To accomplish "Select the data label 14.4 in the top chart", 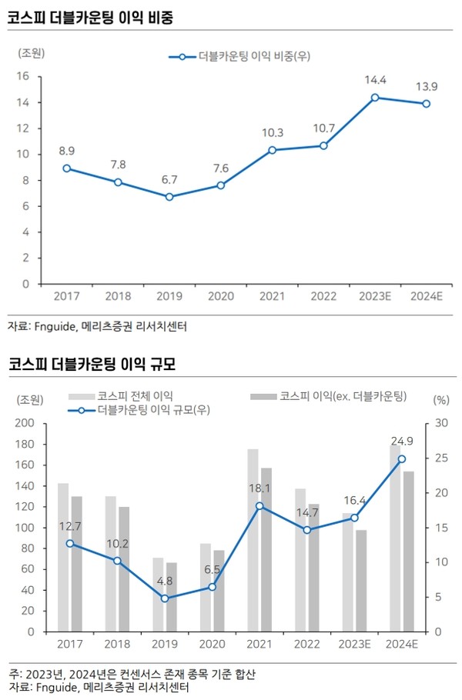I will [375, 80].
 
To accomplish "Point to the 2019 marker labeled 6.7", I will [169, 197].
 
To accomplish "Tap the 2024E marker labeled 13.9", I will [426, 104].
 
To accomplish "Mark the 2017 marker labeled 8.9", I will [67, 168].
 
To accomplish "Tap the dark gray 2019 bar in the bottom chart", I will [172, 597].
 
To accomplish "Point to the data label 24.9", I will [402, 441].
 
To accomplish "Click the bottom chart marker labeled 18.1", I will [259, 505].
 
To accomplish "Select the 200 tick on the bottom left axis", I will [25, 423].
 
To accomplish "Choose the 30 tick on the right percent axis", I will [440, 423].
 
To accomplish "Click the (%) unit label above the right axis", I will [440, 399].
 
